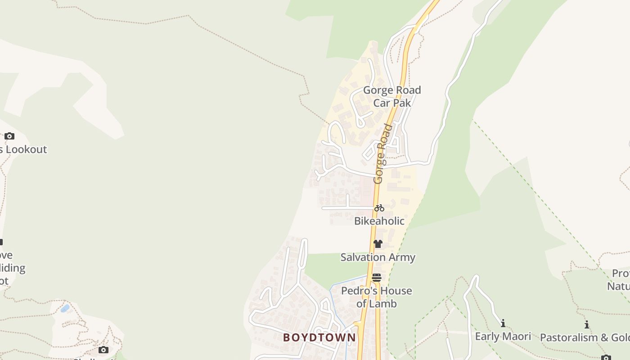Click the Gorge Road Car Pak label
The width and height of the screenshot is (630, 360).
pyautogui.click(x=392, y=96)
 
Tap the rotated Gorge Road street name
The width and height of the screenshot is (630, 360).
pyautogui.click(x=381, y=154)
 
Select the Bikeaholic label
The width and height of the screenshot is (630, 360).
pyautogui.click(x=379, y=221)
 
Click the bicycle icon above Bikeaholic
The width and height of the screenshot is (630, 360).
pyautogui.click(x=379, y=208)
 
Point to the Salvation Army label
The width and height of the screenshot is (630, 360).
pyautogui.click(x=378, y=257)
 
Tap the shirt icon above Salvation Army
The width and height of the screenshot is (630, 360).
pyautogui.click(x=378, y=244)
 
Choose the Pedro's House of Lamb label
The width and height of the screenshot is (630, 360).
pyautogui.click(x=377, y=297)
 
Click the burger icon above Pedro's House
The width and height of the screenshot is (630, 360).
pyautogui.click(x=377, y=278)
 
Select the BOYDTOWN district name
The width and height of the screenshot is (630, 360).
pyautogui.click(x=319, y=337)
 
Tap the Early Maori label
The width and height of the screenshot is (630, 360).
pyautogui.click(x=503, y=336)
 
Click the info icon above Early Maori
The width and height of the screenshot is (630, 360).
pyautogui.click(x=503, y=323)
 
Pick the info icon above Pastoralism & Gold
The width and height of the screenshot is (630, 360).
pyautogui.click(x=587, y=324)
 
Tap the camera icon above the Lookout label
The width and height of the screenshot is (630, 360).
pyautogui.click(x=9, y=136)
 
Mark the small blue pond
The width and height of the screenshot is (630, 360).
pyautogui.click(x=65, y=308)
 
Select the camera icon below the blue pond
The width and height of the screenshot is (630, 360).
pyautogui.click(x=103, y=350)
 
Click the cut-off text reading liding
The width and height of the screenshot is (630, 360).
pyautogui.click(x=13, y=268)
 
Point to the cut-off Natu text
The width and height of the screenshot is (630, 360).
pyautogui.click(x=618, y=286)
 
